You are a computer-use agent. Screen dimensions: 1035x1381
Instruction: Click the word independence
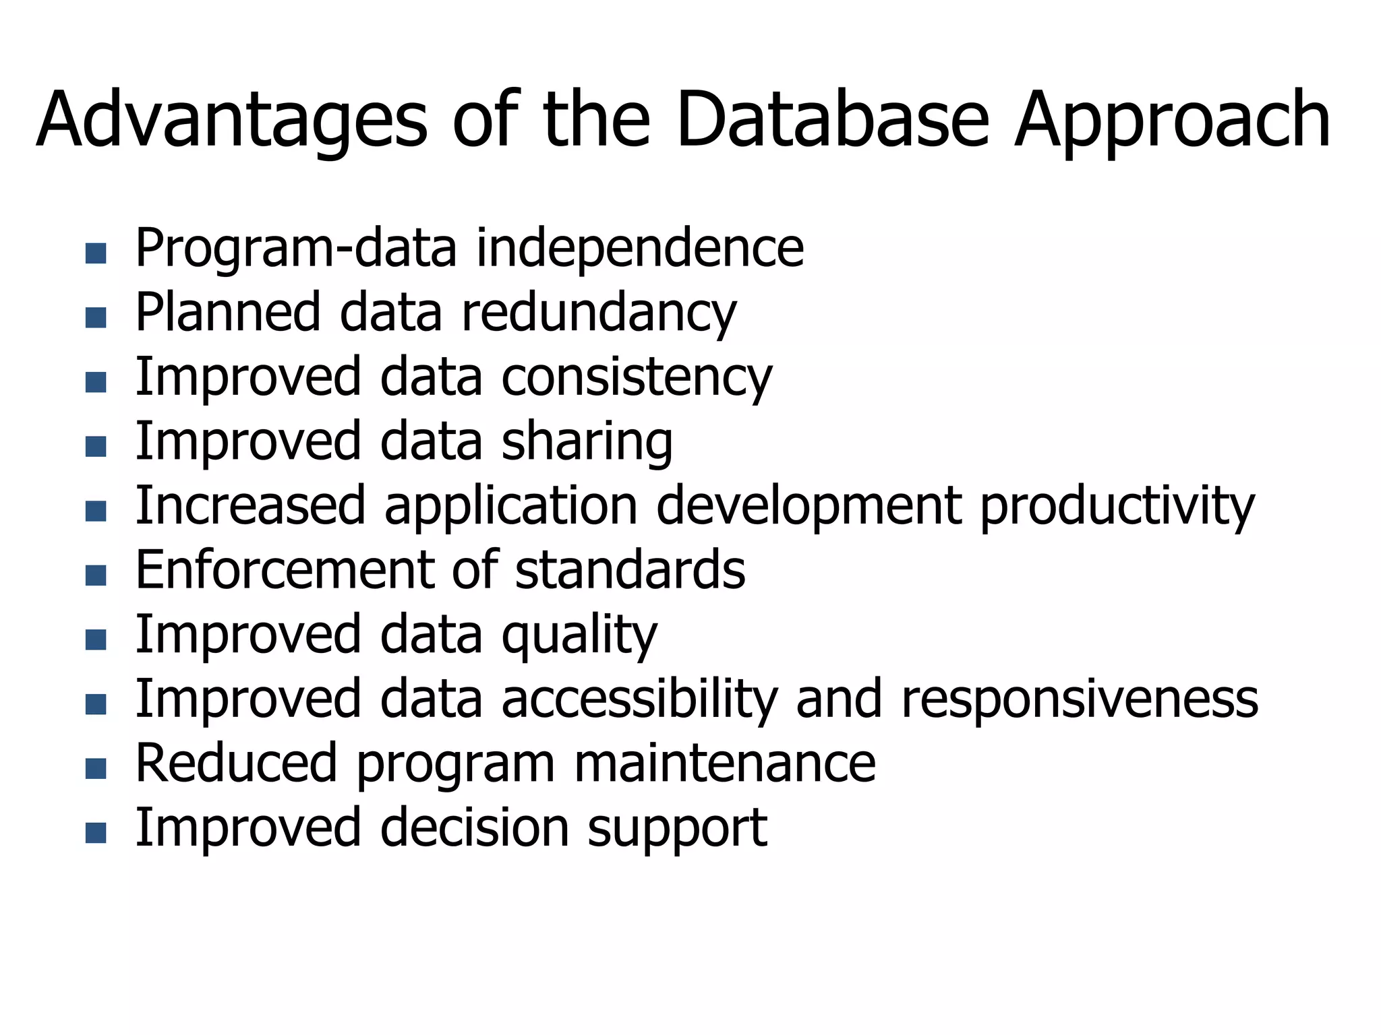[640, 248]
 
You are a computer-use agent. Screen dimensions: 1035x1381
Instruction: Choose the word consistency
[637, 377]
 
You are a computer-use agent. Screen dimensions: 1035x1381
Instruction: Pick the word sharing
[587, 442]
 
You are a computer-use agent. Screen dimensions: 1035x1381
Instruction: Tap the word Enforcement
[284, 570]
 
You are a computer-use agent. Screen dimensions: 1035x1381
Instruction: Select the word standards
[630, 570]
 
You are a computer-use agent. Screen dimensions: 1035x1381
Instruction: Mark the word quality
[579, 635]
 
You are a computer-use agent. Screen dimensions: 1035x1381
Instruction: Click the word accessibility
[639, 699]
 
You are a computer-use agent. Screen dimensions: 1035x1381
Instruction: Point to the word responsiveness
[1080, 699]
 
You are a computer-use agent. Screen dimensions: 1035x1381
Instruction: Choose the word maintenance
[724, 763]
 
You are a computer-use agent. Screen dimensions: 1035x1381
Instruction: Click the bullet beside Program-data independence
[96, 253]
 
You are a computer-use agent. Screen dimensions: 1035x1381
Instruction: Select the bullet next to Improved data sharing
[96, 447]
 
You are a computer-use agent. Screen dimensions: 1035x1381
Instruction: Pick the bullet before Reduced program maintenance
[96, 769]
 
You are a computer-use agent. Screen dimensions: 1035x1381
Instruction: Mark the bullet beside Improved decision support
[96, 834]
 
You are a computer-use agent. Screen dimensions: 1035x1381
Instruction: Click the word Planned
[227, 313]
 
